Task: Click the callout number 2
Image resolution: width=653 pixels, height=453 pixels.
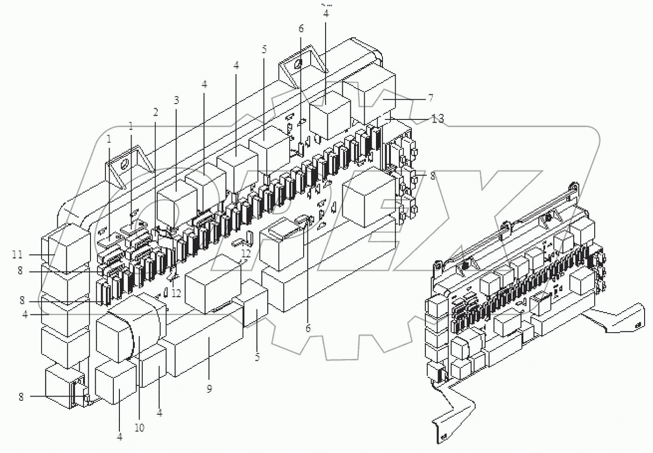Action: (x=155, y=112)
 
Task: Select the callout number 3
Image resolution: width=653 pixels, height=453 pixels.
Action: (x=176, y=100)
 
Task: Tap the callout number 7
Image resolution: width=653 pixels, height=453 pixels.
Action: (x=431, y=98)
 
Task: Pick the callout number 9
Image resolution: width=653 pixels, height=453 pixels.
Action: (x=209, y=389)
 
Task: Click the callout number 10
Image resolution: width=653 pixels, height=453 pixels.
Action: (x=139, y=427)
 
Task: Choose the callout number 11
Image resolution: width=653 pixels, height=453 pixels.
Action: (x=17, y=255)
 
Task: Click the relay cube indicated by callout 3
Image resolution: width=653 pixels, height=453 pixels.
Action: (x=176, y=195)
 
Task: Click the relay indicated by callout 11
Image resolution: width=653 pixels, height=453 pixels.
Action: (x=68, y=247)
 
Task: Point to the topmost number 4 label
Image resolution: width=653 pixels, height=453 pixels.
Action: (x=326, y=14)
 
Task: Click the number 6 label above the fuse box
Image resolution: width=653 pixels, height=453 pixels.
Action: (x=301, y=28)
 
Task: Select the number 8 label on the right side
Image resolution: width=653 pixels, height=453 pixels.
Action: (x=432, y=176)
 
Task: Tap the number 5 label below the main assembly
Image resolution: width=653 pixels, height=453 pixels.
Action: (x=257, y=358)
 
